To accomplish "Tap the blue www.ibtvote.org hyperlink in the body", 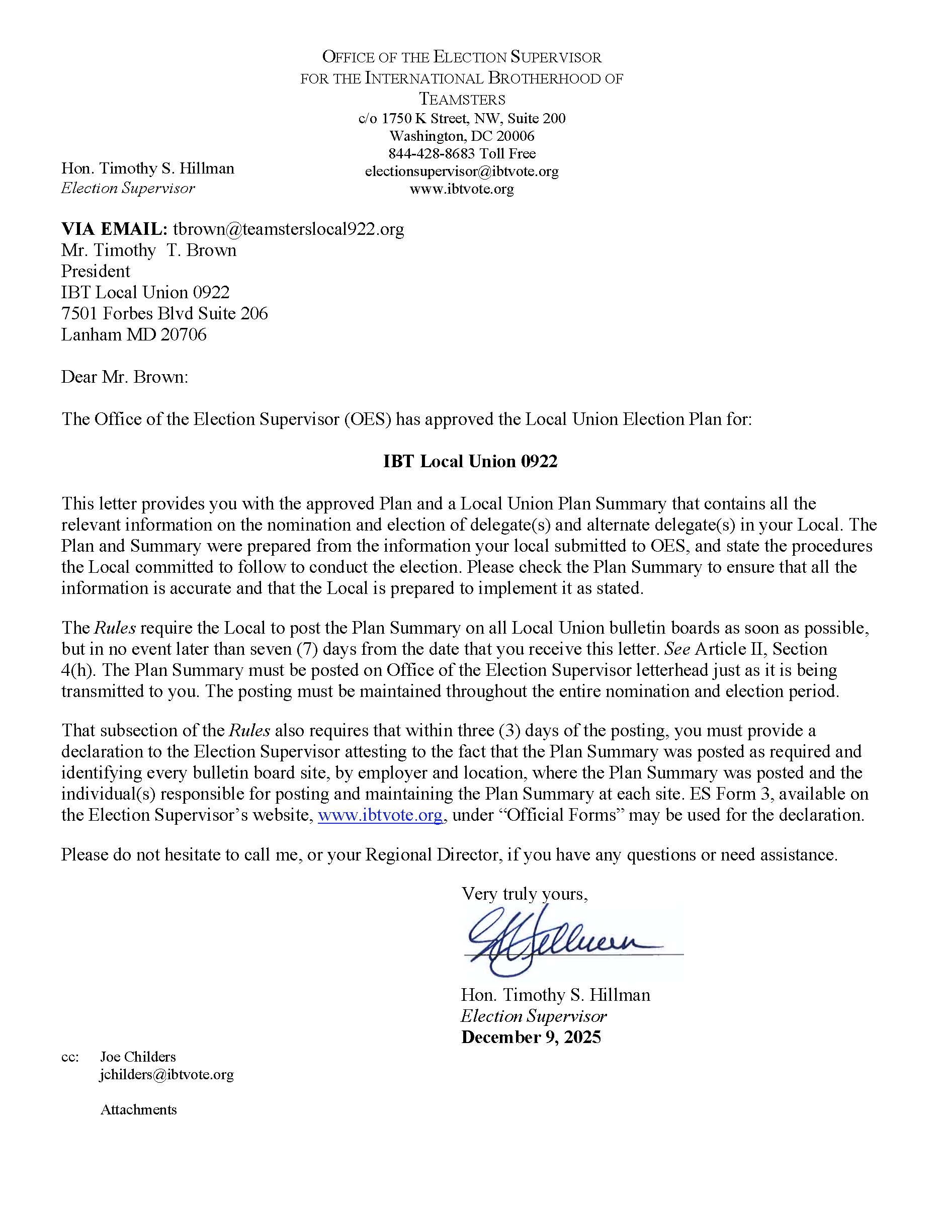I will tap(380, 815).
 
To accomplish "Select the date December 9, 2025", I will tap(531, 1037).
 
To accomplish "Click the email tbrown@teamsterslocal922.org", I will tap(289, 229).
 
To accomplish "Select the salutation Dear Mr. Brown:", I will tap(125, 377).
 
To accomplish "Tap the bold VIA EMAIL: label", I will tap(114, 229).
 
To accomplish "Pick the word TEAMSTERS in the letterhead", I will tap(462, 100).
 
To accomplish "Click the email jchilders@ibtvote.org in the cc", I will tap(166, 1074).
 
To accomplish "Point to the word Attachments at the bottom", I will tap(139, 1110).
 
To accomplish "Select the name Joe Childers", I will tap(138, 1057).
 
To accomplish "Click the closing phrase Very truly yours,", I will tap(525, 894).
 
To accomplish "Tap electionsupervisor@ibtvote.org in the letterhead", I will tap(462, 171).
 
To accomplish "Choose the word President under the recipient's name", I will tap(96, 272).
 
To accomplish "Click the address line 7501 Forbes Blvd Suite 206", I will tap(164, 313).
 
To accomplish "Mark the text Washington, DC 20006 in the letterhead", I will tap(462, 136).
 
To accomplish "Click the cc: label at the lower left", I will tap(70, 1057).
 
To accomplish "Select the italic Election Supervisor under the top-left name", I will tap(128, 188).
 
